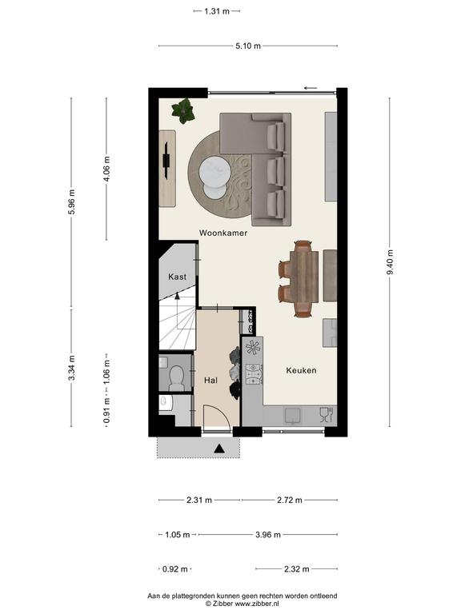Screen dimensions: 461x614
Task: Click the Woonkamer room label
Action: tap(223, 233)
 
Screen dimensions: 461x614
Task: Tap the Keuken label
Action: tap(301, 370)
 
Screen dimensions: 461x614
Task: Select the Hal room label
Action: tap(211, 381)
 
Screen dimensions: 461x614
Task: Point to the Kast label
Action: tap(177, 277)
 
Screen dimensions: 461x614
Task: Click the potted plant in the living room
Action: tap(182, 110)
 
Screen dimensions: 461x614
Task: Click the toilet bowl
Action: tap(176, 377)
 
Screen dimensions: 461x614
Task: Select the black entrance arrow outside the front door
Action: tap(219, 449)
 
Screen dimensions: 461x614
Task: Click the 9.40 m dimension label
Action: tap(390, 261)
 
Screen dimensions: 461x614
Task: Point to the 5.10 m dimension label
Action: tap(248, 46)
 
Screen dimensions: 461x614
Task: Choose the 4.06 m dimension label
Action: tap(106, 169)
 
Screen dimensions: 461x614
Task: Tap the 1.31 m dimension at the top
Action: tap(217, 11)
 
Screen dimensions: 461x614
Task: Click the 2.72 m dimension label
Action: tap(290, 500)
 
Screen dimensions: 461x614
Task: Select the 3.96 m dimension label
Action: tap(268, 535)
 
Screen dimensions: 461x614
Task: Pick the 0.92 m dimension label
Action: tap(174, 569)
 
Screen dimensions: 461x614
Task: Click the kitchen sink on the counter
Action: tap(292, 416)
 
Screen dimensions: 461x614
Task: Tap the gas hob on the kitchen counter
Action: tap(253, 374)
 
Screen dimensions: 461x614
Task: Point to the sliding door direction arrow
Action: tap(311, 88)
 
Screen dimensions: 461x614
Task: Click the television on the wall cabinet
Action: tap(166, 161)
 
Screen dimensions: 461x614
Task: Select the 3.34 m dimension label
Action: tap(71, 367)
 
